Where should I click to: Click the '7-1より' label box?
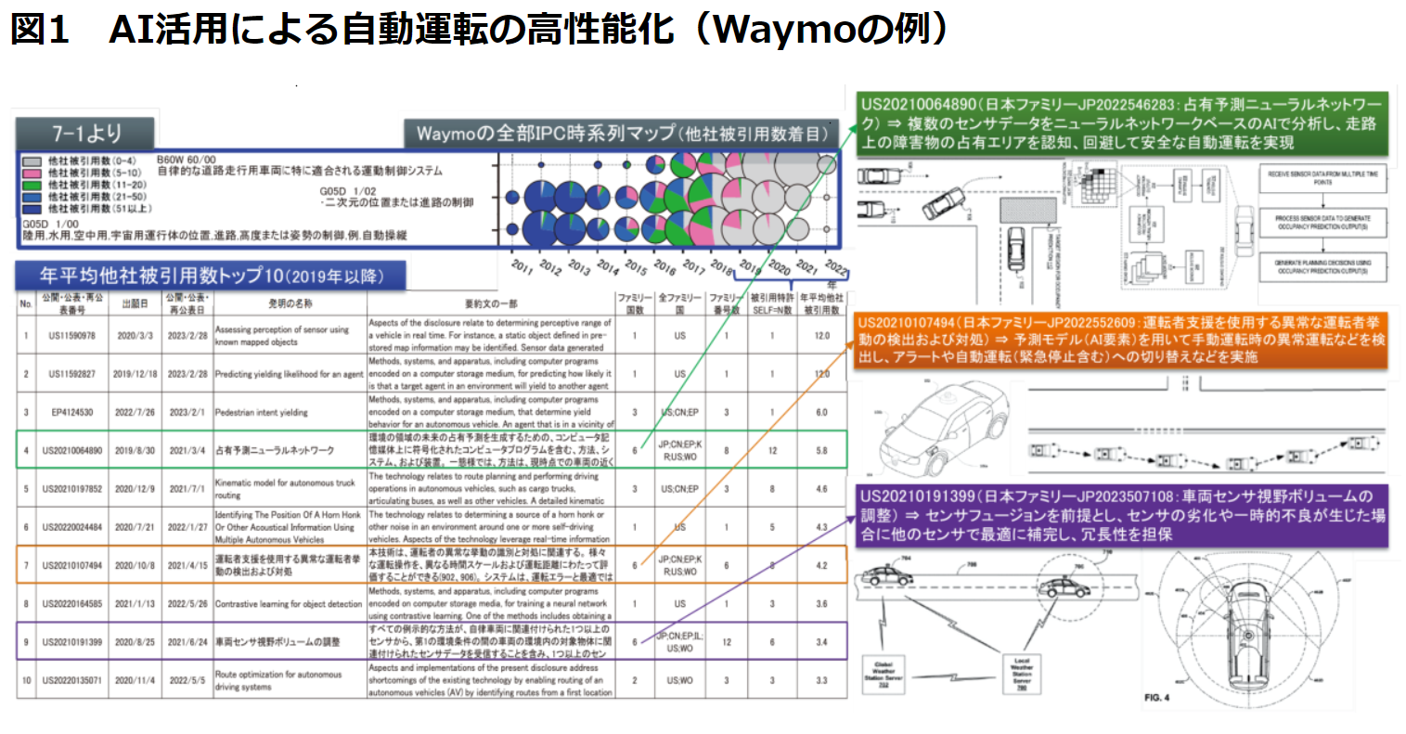tap(85, 133)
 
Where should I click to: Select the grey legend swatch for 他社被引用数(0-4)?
tap(32, 161)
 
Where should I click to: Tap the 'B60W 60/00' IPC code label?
tap(187, 160)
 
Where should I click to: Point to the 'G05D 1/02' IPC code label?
tap(348, 191)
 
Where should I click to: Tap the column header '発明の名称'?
tap(290, 303)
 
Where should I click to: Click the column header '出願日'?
tap(135, 303)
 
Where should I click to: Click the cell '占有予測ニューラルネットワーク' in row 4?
tap(275, 450)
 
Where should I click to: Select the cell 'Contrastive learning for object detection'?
tap(289, 603)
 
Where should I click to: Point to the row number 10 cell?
tap(26, 680)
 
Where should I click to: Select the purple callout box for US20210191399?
tap(1123, 515)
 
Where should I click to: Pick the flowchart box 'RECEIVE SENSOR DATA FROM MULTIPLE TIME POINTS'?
tap(1322, 178)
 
